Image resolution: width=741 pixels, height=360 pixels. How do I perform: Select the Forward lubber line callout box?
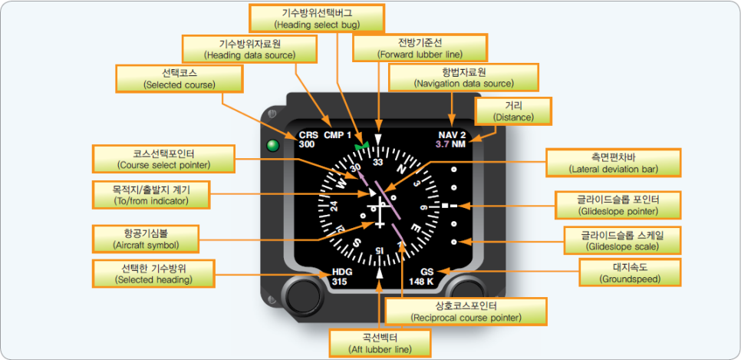[420, 48]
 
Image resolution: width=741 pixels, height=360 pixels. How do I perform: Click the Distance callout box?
[514, 111]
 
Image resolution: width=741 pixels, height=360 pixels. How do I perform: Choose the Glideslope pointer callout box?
[617, 205]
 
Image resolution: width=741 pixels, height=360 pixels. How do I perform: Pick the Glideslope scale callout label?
[622, 239]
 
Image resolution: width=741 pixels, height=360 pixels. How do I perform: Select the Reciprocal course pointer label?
[466, 311]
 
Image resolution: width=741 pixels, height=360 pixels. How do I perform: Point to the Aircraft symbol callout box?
[145, 239]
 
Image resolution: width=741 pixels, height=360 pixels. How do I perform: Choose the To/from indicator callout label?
[150, 194]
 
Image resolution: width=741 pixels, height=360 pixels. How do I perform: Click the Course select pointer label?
[163, 158]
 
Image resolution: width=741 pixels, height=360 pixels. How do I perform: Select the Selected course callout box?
[179, 78]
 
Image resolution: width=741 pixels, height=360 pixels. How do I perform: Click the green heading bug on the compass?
[362, 144]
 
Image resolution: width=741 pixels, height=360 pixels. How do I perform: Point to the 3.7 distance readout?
[443, 144]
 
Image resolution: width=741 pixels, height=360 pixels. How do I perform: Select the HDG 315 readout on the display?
[342, 277]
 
